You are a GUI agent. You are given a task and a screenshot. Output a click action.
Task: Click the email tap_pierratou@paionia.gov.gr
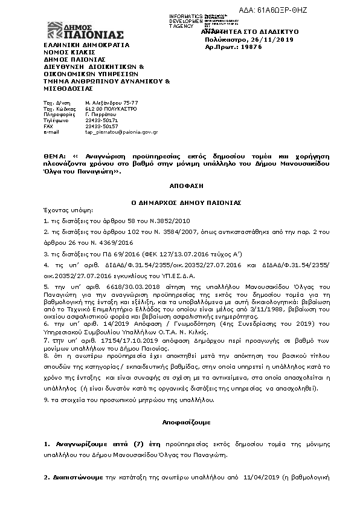[121, 131]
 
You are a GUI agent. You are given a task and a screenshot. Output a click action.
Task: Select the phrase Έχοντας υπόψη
[64, 211]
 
